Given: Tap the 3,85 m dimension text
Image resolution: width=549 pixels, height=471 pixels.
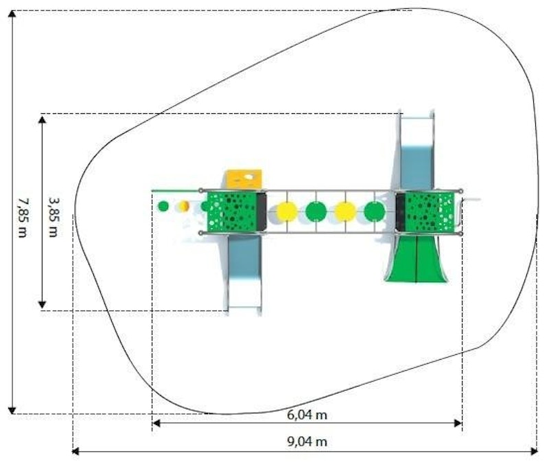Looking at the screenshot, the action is point(54,218).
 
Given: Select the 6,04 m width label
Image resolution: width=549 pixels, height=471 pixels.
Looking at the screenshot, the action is point(307,415).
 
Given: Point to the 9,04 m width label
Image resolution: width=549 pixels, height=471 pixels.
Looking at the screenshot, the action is point(307,441).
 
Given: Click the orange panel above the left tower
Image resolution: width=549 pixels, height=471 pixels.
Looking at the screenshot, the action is point(244,179).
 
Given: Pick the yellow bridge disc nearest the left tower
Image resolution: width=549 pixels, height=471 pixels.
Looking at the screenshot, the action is point(287,212).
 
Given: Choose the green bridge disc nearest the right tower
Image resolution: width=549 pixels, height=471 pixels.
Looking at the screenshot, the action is point(374,212).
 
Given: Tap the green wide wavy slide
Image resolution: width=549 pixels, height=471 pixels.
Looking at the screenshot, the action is point(417,258).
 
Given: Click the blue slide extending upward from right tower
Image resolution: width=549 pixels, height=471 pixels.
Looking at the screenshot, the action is point(417,150).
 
